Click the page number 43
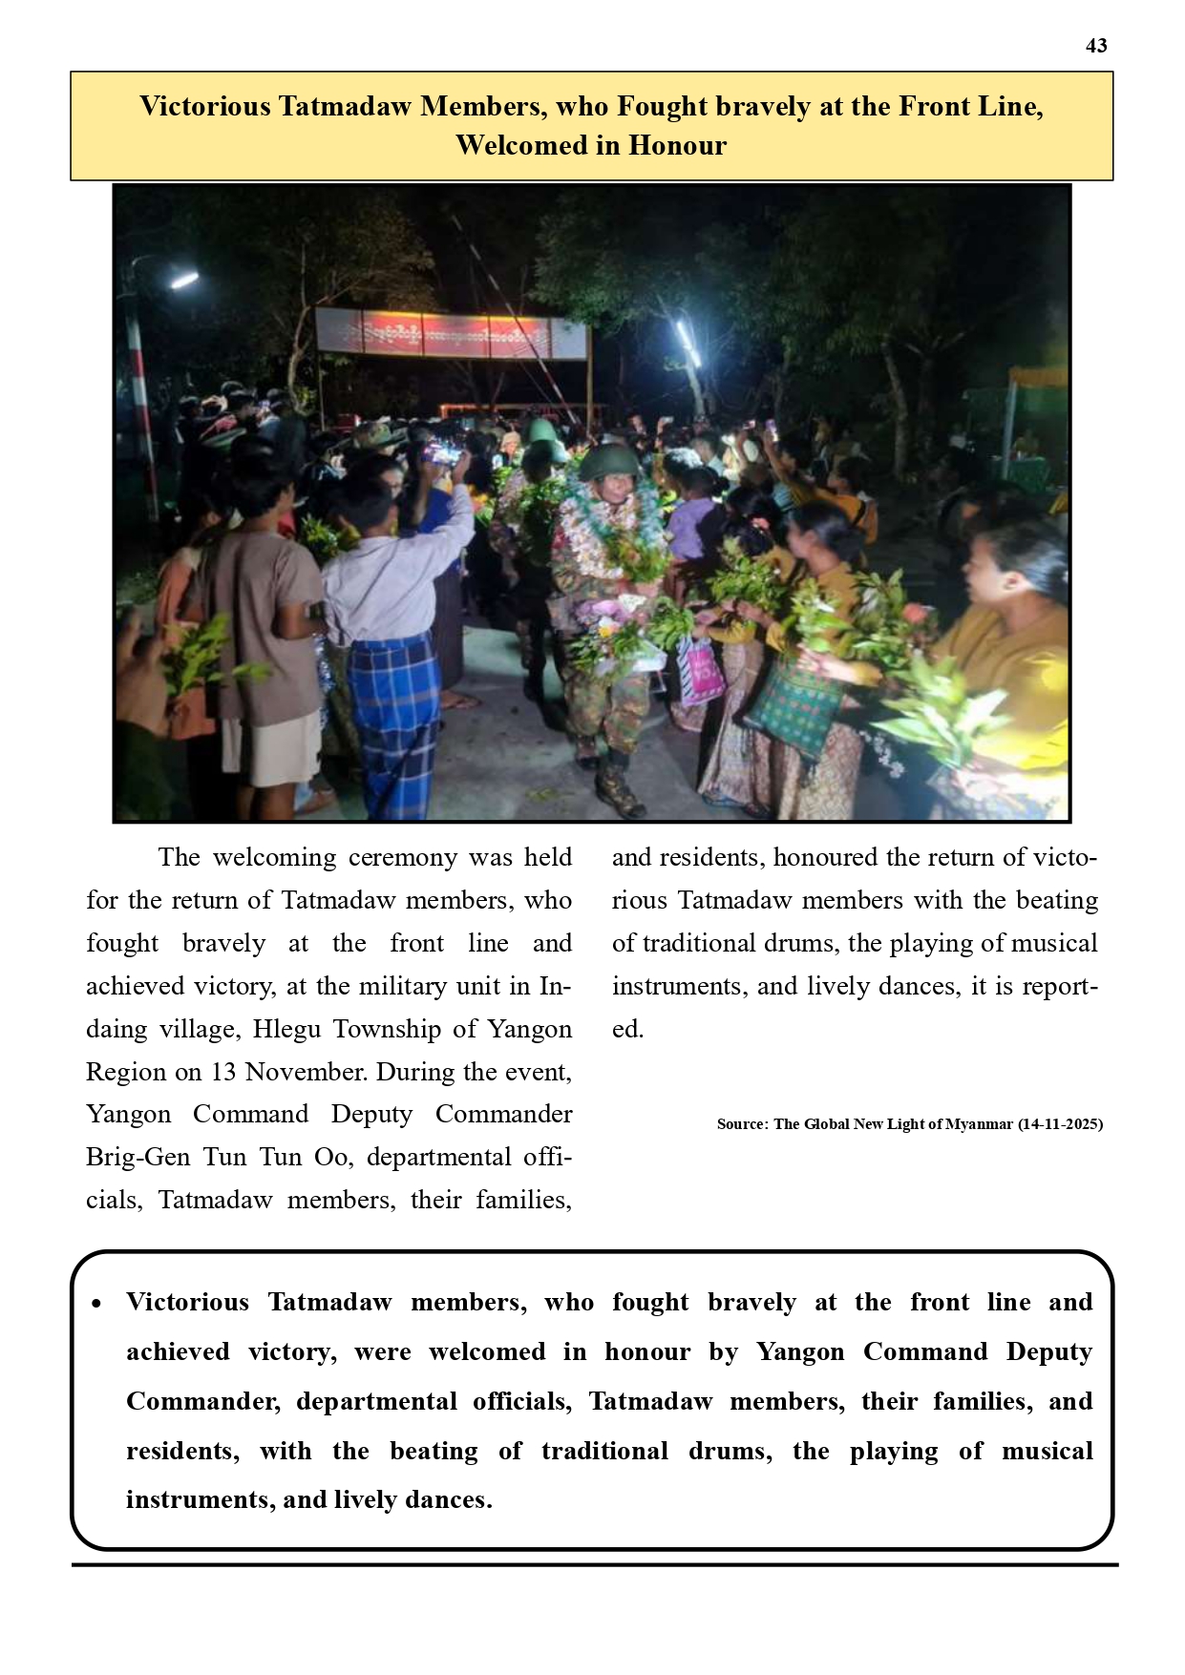click(x=1096, y=46)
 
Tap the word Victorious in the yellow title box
click(x=205, y=106)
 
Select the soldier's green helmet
click(x=605, y=462)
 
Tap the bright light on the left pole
click(x=182, y=281)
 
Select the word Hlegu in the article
click(x=286, y=1029)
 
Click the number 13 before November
click(x=222, y=1072)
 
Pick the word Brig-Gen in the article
click(x=138, y=1157)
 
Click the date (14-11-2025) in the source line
click(x=1060, y=1124)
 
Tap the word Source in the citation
click(x=742, y=1124)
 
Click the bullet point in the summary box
click(x=96, y=1304)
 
